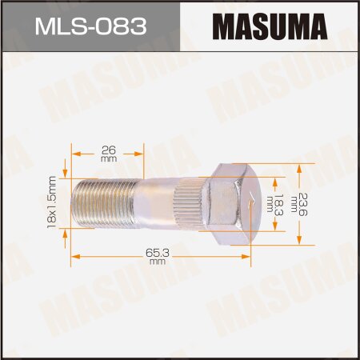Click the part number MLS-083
point(90,30)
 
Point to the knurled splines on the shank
point(186,203)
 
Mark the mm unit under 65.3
point(157,261)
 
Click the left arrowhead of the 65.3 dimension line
point(75,256)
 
